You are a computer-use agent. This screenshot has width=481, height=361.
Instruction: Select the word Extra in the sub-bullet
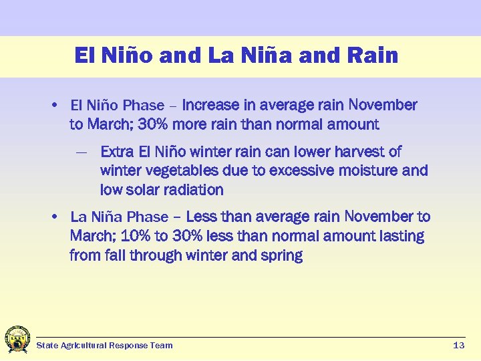coord(117,152)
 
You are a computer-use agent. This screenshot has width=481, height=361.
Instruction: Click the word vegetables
coord(178,171)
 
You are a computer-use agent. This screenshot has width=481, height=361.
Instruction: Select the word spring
coord(283,255)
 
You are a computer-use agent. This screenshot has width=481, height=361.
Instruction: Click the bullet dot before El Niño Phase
coord(54,106)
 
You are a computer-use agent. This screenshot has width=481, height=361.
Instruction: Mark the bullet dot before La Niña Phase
coord(54,217)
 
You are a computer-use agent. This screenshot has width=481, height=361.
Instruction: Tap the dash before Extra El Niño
coord(82,152)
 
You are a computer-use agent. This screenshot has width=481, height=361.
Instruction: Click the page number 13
coord(458,346)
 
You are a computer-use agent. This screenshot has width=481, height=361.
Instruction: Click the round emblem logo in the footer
coord(17,340)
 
